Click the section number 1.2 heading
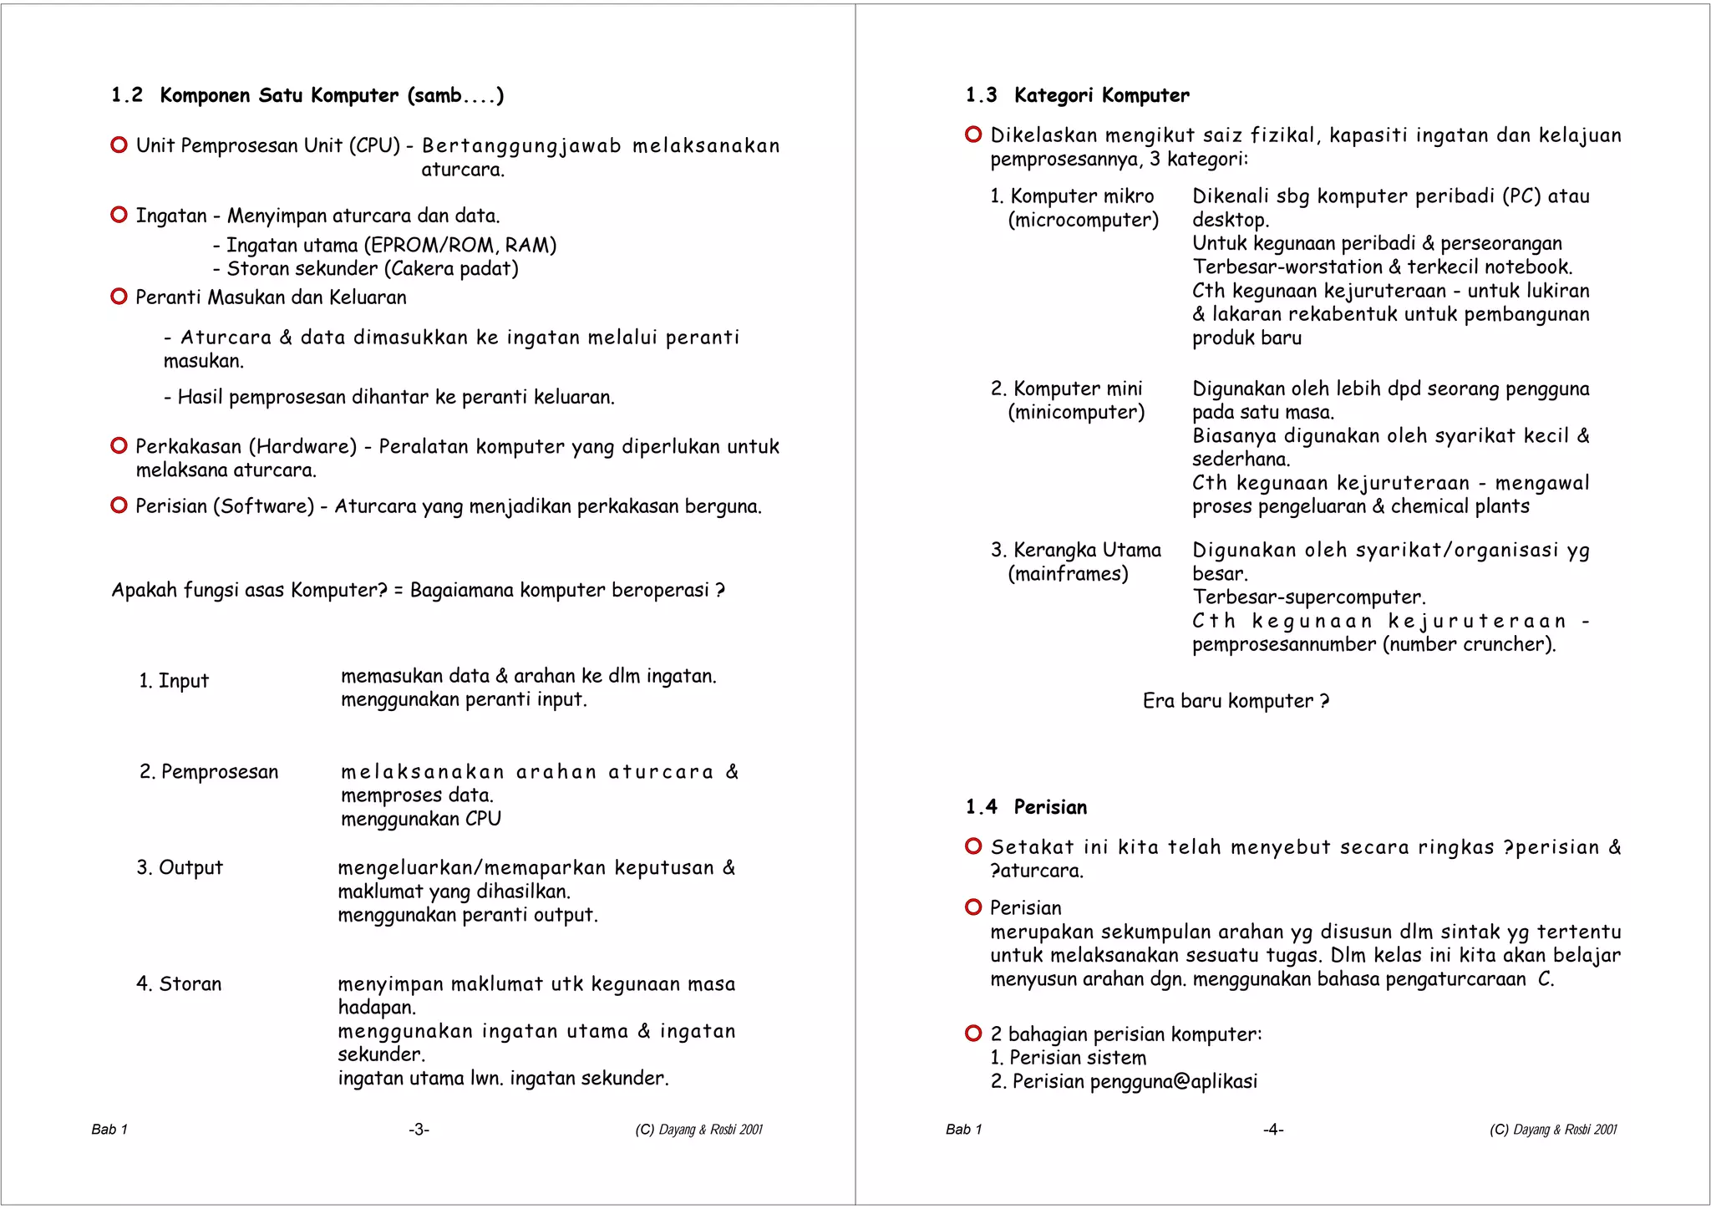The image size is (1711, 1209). coord(127,95)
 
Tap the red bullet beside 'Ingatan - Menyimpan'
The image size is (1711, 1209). coord(119,216)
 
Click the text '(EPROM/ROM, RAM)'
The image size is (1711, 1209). coord(459,245)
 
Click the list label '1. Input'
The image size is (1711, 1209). coord(174,681)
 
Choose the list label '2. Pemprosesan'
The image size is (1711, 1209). coord(209,772)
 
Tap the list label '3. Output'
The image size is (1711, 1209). coord(180,868)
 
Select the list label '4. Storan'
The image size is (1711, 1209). coord(179,984)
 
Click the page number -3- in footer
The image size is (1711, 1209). coord(419,1130)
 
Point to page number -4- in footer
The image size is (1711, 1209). coord(1272,1130)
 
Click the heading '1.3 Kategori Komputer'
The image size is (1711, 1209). coord(1077,95)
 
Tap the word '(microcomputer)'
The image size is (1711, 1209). coord(1083,220)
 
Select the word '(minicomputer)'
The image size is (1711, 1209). coord(1076,412)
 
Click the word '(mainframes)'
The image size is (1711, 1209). coord(1068,574)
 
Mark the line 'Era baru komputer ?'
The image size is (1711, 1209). coord(1235,701)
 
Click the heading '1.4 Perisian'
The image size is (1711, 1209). coord(1026,807)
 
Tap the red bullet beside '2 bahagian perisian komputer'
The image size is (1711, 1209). coord(972,1034)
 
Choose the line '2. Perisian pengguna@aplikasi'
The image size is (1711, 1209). coord(1124,1082)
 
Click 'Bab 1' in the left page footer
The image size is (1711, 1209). coord(109,1130)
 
